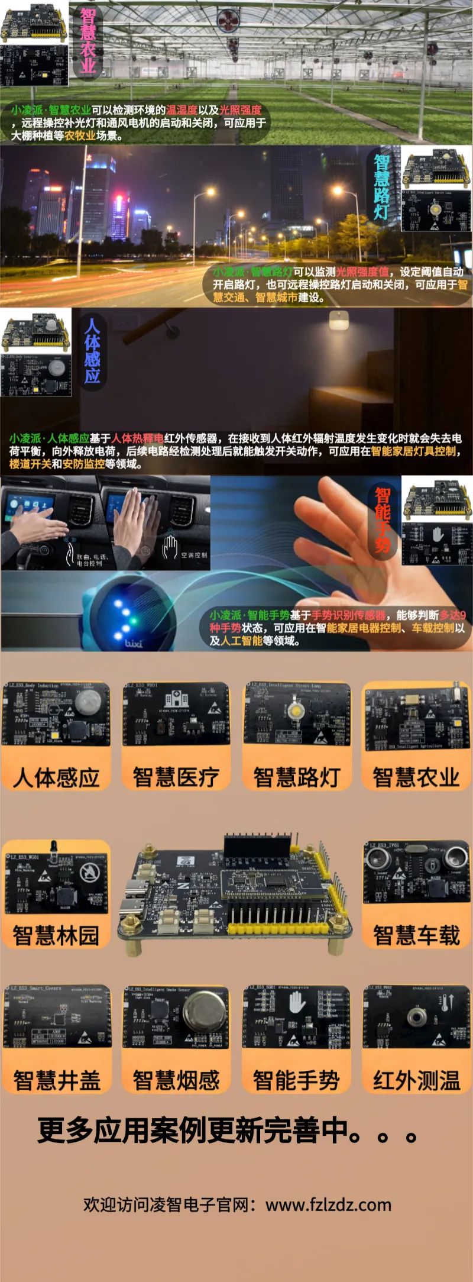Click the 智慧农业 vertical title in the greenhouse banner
[x=88, y=40]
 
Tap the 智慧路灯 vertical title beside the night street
[x=381, y=187]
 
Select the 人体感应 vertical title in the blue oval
[x=92, y=351]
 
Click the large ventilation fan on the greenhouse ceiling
[x=228, y=21]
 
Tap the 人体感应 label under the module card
[x=56, y=777]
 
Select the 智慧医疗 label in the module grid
[x=176, y=777]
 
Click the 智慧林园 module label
[x=56, y=935]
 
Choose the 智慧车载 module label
[x=416, y=935]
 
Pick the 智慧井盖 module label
[x=56, y=1080]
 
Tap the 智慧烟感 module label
[x=176, y=1080]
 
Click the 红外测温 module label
[x=416, y=1080]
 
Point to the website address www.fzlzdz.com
[x=328, y=1205]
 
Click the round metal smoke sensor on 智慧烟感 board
[x=205, y=1013]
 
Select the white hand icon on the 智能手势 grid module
[x=297, y=1004]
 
